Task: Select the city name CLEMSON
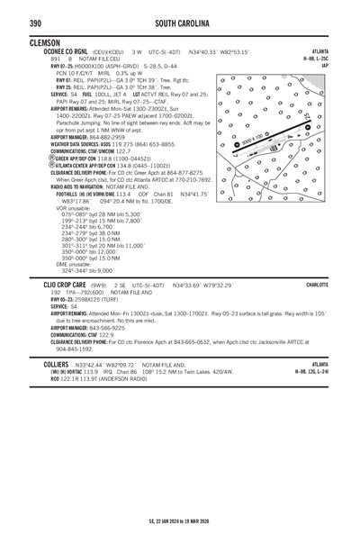[x=45, y=42]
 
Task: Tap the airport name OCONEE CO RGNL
[x=59, y=51]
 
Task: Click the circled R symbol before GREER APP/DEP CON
[x=31, y=158]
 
